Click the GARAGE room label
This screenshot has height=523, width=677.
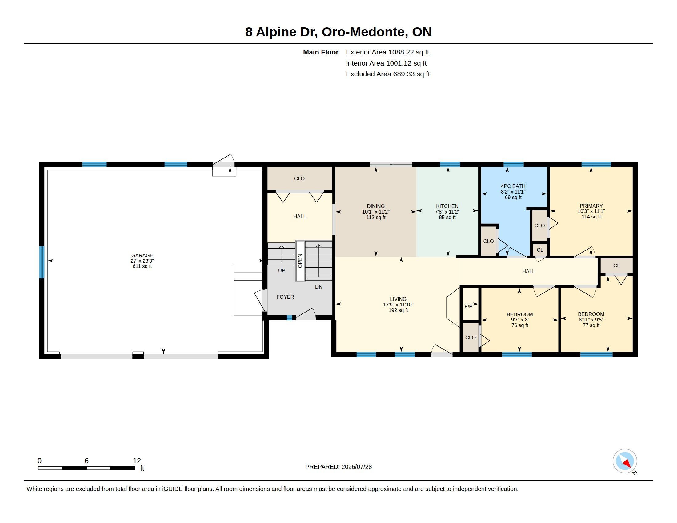(142, 255)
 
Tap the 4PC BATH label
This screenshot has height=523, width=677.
(513, 186)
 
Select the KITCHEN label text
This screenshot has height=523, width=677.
(447, 206)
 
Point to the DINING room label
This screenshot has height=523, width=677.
(376, 206)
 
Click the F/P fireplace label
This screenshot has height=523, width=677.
(468, 306)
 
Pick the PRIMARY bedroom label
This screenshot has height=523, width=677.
(591, 206)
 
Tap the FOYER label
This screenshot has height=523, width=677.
(285, 297)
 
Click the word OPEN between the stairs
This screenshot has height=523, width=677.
(300, 261)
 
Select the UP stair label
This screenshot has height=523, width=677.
(282, 270)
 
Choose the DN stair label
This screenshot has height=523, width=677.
(319, 287)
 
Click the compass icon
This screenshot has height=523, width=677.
(625, 461)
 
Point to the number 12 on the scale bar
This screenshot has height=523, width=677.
(137, 461)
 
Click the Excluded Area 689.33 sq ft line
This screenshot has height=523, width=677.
(388, 74)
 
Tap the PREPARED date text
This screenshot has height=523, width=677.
(338, 467)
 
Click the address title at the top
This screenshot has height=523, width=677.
(338, 32)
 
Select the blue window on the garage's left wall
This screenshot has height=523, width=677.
(42, 262)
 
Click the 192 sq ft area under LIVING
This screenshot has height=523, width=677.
(398, 310)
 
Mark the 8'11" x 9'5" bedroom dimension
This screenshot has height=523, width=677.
(591, 320)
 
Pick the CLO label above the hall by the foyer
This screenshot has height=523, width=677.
(299, 178)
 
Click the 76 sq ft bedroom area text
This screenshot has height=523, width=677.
(519, 325)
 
